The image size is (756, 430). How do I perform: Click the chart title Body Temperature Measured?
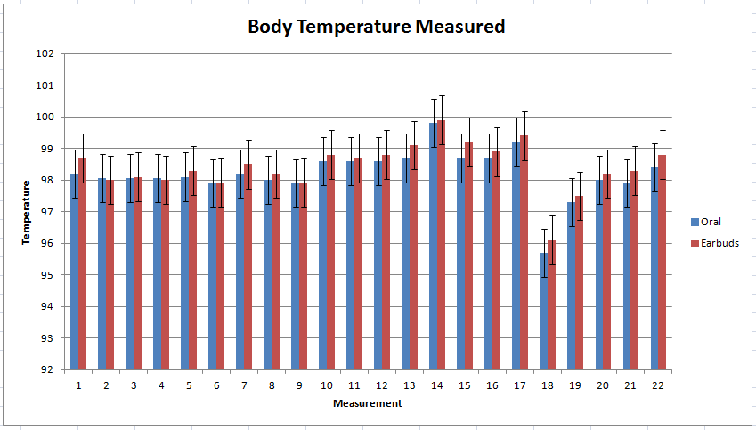376,27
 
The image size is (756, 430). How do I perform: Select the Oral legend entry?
711,222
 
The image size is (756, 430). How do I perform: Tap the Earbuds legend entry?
719,243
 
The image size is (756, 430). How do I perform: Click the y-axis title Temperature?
27,211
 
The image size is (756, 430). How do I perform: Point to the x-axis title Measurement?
367,403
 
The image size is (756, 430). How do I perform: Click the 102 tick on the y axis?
45,53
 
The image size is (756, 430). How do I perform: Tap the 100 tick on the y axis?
45,117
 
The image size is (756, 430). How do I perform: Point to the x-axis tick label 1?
78,385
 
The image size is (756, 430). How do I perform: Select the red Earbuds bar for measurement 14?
441,245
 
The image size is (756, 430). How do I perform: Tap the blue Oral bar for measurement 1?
75,272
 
